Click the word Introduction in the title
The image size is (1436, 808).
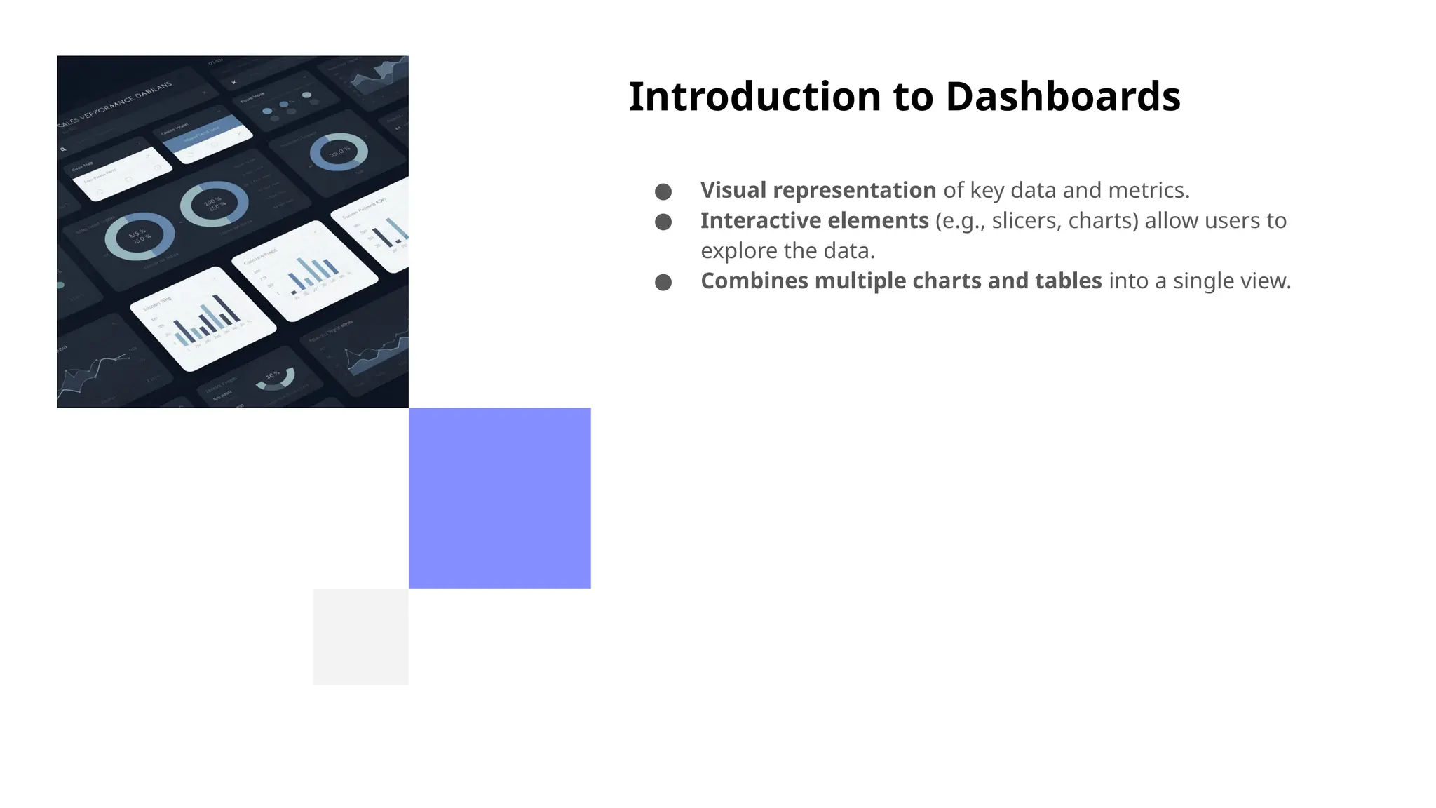click(x=754, y=97)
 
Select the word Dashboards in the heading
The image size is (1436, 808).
click(x=1063, y=97)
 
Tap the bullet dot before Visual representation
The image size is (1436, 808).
click(x=663, y=191)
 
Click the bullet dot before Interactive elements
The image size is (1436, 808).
click(x=663, y=222)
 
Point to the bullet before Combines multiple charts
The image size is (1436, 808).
click(x=663, y=282)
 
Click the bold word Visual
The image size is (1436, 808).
click(x=733, y=190)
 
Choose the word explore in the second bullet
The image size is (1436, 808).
click(x=731, y=250)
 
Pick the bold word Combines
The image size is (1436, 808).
click(x=754, y=281)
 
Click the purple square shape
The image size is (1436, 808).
click(x=499, y=498)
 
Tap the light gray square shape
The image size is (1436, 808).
click(x=360, y=637)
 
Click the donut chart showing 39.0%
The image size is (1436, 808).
click(x=339, y=151)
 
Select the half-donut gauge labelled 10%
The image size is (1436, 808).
click(x=274, y=379)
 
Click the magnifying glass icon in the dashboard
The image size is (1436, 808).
click(x=63, y=149)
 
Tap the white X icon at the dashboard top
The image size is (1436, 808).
click(x=234, y=82)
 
